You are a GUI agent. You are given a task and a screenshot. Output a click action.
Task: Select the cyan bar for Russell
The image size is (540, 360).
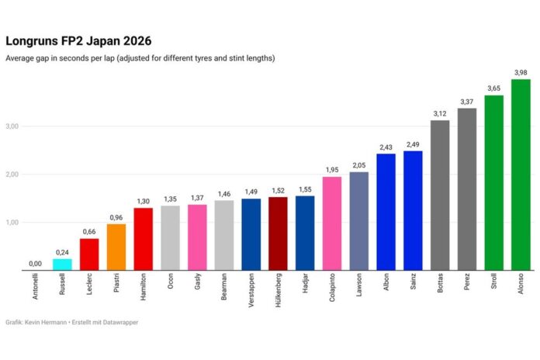pos(62,265)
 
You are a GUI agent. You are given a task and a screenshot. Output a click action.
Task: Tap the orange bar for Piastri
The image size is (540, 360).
pos(116,247)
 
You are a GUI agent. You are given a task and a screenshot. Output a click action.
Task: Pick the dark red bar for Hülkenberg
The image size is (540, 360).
pos(278,234)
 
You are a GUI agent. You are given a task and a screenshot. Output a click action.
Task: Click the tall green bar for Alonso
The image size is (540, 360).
pos(521,175)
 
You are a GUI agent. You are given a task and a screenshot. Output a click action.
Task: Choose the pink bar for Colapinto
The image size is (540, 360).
pos(332,223)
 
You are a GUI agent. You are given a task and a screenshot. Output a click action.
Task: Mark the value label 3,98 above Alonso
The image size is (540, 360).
pos(521,72)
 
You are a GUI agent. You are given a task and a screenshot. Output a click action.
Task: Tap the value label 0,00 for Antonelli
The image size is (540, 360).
pos(36,264)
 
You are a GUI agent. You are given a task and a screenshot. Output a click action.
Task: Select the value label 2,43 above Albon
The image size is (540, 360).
pos(386,147)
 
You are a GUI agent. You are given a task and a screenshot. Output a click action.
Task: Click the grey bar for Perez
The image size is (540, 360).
pos(467,189)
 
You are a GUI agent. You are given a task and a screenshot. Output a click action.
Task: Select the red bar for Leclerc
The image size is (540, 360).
pos(89,254)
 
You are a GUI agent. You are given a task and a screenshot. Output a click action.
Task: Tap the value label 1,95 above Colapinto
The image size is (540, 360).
pos(332,170)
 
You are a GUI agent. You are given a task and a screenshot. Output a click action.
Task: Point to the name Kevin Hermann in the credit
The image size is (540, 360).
pos(47,321)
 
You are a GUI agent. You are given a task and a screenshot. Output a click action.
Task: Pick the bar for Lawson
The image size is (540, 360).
pos(359,221)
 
